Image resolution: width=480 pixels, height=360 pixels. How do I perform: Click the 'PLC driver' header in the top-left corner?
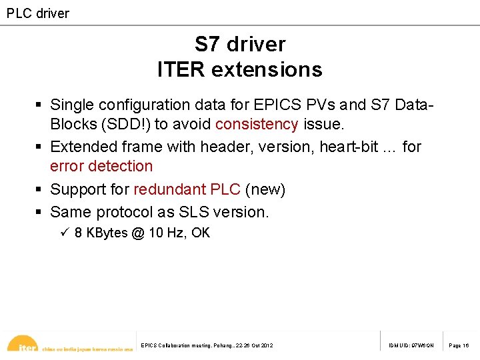point(38,13)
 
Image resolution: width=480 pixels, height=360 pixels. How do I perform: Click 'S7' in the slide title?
point(207,44)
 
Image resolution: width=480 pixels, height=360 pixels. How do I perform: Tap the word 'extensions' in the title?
point(271,69)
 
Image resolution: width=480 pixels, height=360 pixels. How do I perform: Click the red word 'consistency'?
point(257,124)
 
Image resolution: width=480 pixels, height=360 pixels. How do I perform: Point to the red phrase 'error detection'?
point(101,166)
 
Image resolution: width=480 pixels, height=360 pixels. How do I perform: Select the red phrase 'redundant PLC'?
point(187,189)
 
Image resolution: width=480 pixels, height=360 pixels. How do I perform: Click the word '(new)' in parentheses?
point(265,189)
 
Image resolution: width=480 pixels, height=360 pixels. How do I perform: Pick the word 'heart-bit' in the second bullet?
point(349,146)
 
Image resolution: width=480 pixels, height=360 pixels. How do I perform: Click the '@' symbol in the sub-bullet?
point(138,233)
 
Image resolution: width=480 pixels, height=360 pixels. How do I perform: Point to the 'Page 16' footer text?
point(459,345)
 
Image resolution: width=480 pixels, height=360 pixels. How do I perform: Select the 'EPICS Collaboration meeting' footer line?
point(207,345)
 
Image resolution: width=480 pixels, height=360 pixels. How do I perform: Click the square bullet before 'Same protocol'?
point(39,212)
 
